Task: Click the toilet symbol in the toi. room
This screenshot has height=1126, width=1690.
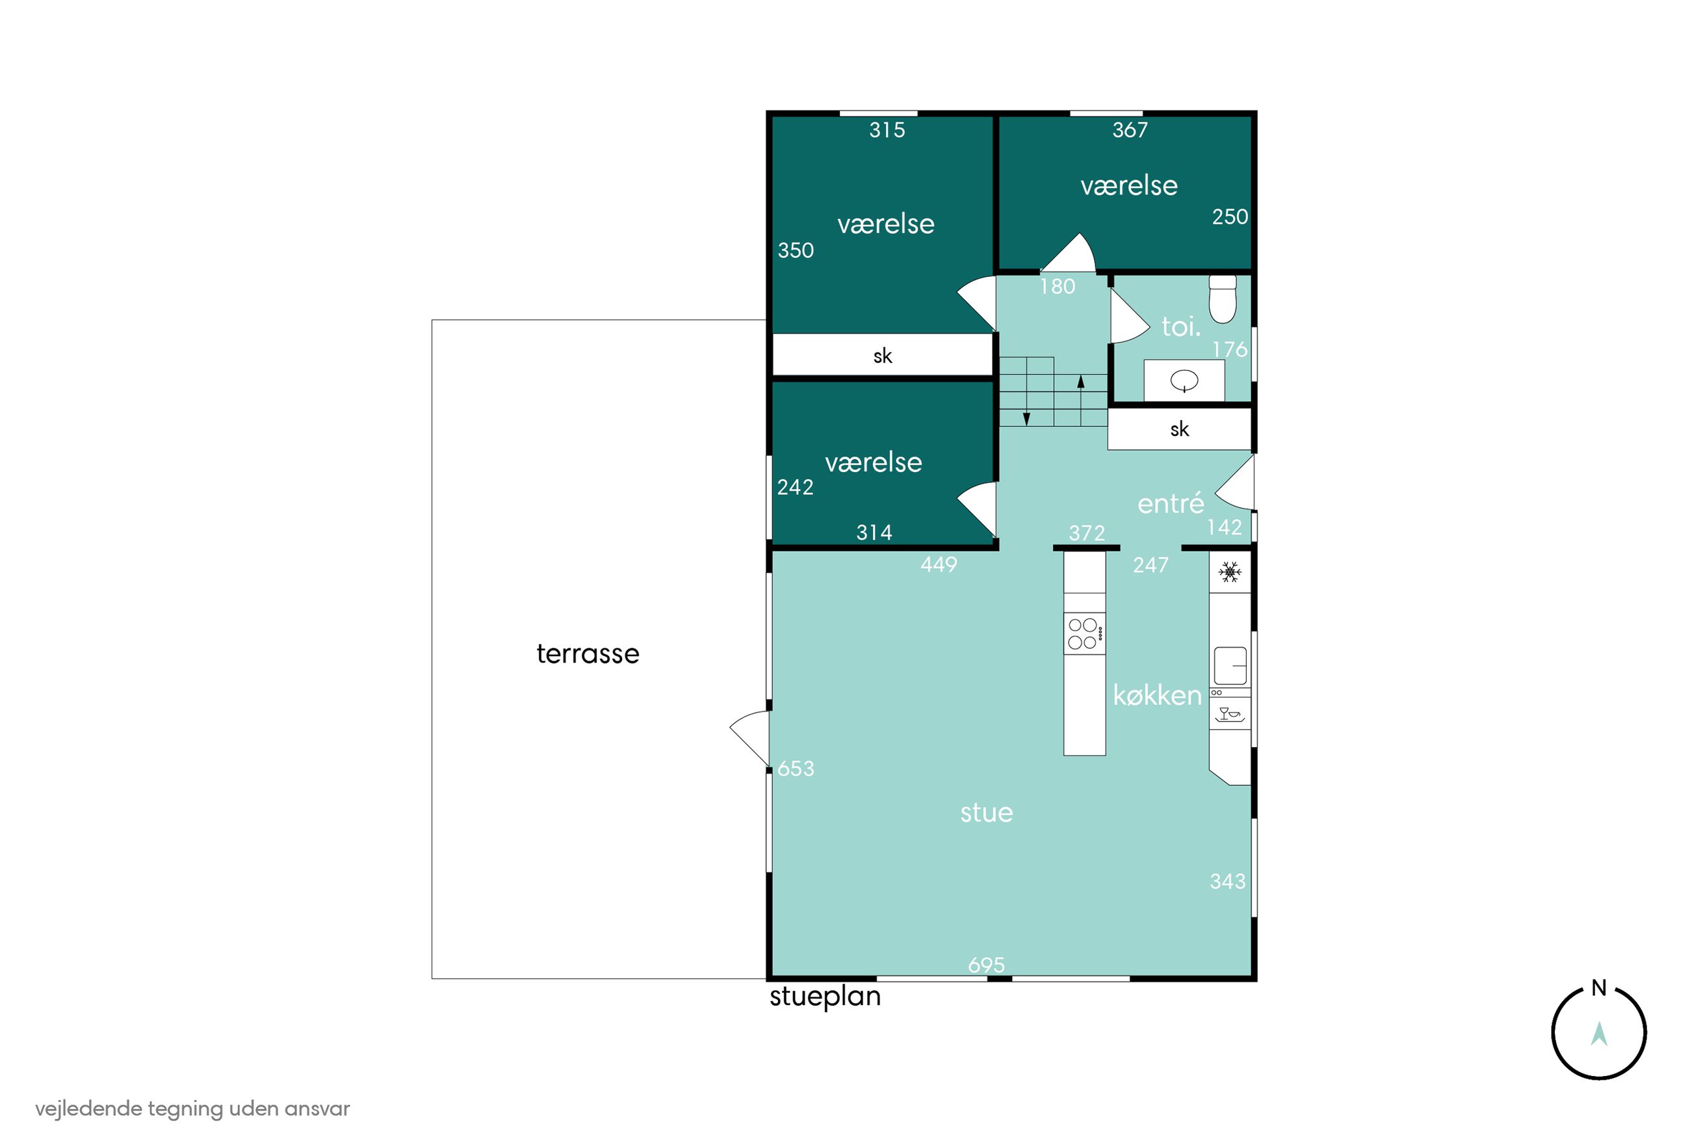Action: (x=1222, y=299)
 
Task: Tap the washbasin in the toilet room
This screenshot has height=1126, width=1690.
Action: (x=1184, y=380)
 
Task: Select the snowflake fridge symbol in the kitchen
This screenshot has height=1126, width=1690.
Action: (x=1230, y=572)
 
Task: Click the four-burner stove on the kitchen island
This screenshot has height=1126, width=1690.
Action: (x=1084, y=633)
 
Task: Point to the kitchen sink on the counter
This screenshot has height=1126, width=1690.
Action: (x=1230, y=666)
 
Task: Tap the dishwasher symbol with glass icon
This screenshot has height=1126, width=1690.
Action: (x=1230, y=714)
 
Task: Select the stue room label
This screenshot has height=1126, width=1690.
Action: (x=987, y=813)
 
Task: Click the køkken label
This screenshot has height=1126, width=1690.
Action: (x=1156, y=694)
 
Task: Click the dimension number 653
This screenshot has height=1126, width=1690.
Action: (x=796, y=768)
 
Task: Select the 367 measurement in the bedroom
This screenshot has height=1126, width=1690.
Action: (x=1130, y=130)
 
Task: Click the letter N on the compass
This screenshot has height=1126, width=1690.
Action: (x=1599, y=988)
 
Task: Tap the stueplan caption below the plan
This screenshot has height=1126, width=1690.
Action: (x=825, y=997)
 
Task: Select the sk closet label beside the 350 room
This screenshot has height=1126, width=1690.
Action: (x=882, y=356)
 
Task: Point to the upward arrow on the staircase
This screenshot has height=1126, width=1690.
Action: (x=1080, y=400)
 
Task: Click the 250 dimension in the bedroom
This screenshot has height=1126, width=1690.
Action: (x=1230, y=217)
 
